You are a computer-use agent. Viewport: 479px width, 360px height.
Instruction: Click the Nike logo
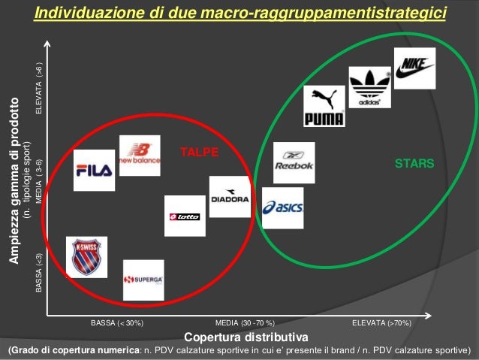click(x=414, y=68)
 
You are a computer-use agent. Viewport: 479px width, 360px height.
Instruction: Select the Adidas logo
click(x=369, y=87)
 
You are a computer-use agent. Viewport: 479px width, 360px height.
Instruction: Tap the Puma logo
click(x=324, y=106)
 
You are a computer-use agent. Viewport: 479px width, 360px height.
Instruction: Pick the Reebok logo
click(x=294, y=162)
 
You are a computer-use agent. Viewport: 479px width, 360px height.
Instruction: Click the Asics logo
click(x=283, y=207)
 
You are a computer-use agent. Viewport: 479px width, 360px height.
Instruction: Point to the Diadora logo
click(x=230, y=197)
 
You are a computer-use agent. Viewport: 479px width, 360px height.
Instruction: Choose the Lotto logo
click(x=185, y=216)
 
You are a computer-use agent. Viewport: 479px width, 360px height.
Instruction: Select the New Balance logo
click(x=140, y=155)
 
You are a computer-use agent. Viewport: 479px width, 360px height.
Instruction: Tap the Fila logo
click(x=94, y=170)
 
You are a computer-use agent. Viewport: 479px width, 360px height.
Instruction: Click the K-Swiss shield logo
click(x=86, y=257)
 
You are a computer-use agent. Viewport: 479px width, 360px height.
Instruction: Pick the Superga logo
click(x=143, y=280)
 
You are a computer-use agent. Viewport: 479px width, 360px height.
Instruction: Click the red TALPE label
click(x=199, y=153)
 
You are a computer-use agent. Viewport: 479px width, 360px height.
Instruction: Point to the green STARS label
click(x=409, y=162)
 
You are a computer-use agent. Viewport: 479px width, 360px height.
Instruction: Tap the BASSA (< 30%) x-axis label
click(x=117, y=322)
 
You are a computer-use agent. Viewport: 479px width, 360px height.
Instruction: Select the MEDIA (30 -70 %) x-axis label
click(x=245, y=322)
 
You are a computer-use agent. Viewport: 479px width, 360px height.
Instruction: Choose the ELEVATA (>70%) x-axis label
click(x=381, y=322)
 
